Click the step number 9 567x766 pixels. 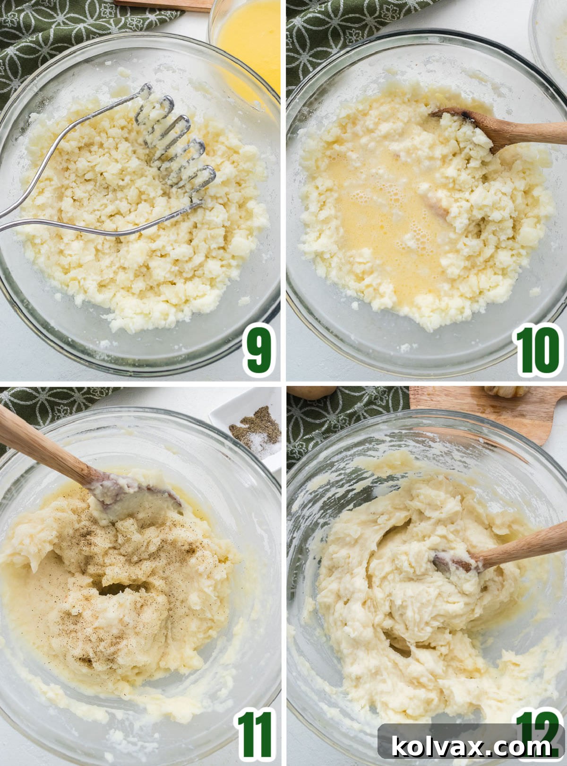[259, 350]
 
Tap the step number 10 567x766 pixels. [538, 350]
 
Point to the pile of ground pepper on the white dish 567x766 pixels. [255, 426]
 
